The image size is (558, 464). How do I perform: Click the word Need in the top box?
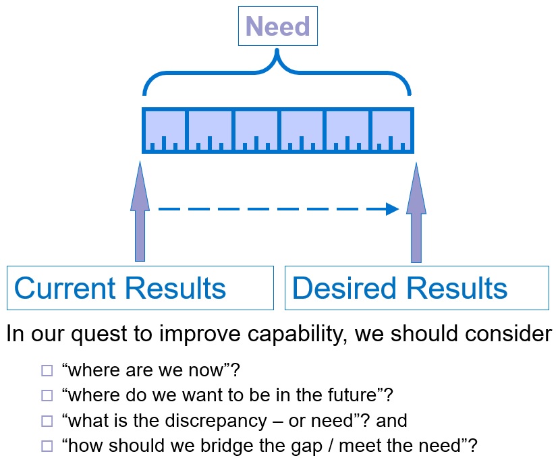point(277,26)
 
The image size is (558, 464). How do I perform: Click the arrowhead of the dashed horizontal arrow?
point(393,209)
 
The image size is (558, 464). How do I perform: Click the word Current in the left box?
point(65,288)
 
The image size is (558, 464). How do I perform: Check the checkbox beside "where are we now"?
point(47,370)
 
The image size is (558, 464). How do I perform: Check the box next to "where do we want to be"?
point(47,395)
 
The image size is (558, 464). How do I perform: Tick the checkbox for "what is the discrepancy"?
point(47,421)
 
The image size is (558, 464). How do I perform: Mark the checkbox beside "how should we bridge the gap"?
point(47,446)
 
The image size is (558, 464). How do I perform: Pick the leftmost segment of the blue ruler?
point(165,130)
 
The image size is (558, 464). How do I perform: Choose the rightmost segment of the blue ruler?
point(391,130)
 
